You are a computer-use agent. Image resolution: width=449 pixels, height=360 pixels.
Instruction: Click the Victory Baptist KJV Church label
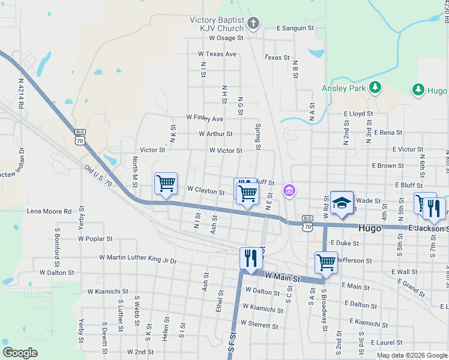217,24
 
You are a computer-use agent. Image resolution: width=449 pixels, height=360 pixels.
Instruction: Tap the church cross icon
253,24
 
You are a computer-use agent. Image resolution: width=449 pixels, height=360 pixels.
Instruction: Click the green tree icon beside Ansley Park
375,88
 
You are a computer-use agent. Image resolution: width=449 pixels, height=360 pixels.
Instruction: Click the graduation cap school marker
342,203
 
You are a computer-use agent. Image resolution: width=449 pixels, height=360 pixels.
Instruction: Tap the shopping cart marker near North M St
166,183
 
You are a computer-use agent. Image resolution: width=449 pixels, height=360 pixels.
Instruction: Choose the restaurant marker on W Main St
251,258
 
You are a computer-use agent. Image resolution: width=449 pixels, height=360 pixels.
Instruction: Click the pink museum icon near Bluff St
290,191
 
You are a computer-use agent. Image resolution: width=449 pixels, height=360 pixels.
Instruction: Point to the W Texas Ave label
217,54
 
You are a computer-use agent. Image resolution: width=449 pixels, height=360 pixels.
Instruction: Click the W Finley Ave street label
204,118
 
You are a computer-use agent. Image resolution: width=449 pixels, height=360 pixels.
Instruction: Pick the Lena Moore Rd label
49,211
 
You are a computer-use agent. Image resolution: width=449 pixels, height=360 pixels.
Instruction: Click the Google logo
20,352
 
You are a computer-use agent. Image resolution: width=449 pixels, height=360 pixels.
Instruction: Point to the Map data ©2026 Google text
411,355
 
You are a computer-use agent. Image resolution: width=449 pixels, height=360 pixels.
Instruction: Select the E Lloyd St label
358,113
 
